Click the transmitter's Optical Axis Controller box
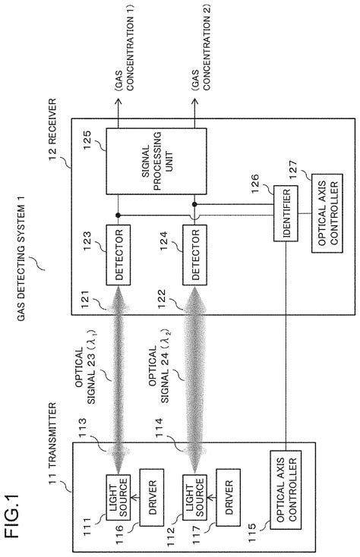tap(287, 483)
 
